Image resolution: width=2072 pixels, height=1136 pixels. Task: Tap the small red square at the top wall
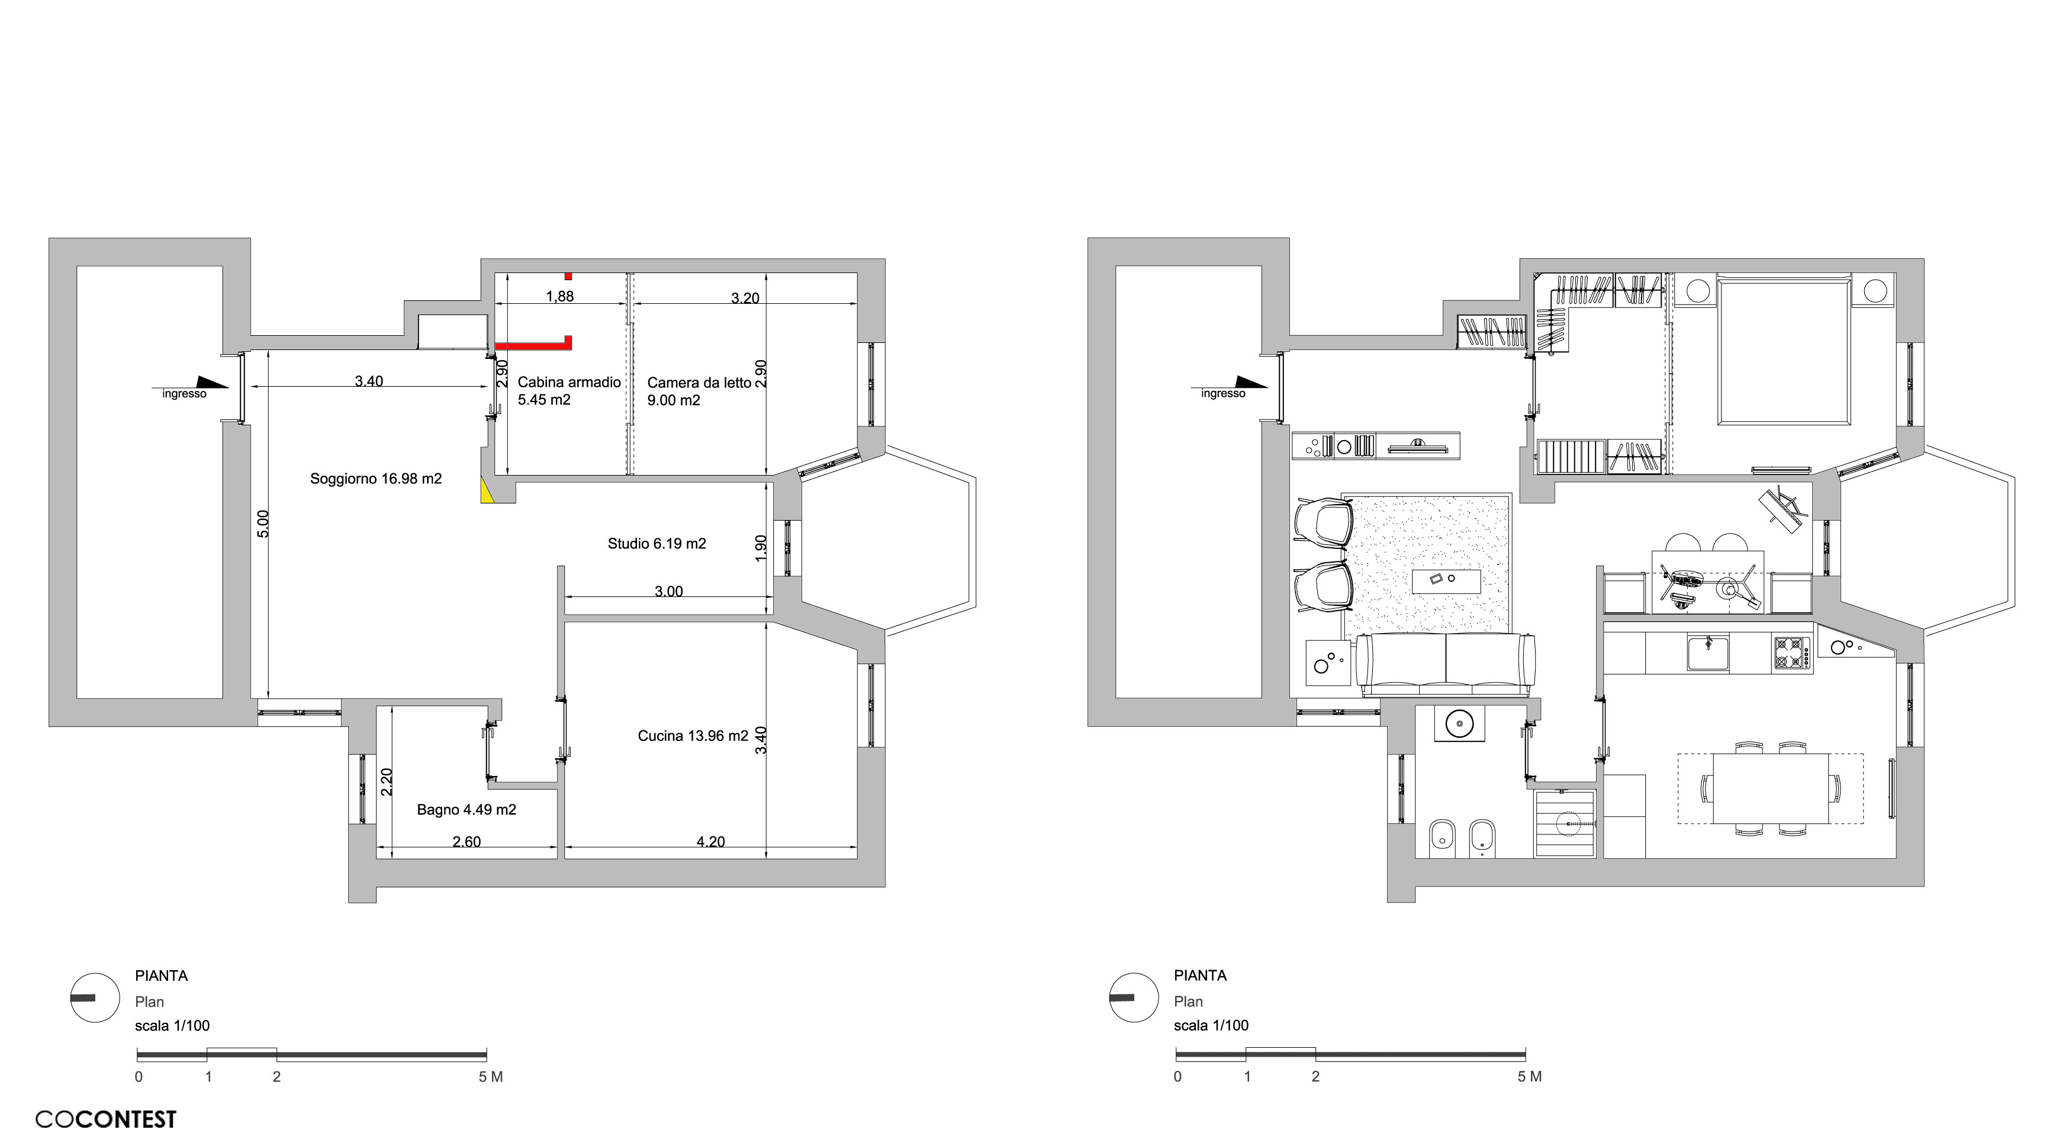[x=568, y=276]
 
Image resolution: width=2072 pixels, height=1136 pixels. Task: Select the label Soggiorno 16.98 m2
[x=376, y=479]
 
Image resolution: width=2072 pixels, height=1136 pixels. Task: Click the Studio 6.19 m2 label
[x=657, y=544]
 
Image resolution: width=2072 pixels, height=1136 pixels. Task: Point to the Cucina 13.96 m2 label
[x=693, y=736]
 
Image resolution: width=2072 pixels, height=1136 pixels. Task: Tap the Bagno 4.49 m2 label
[x=466, y=810]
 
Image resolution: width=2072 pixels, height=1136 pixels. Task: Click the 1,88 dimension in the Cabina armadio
[x=560, y=296]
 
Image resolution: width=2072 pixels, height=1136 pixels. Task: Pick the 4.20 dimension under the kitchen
[x=710, y=842]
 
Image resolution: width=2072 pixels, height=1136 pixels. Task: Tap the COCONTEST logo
[x=105, y=1119]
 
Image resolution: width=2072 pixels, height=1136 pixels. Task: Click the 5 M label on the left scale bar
[x=491, y=1076]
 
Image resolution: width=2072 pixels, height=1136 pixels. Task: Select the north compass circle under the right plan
[x=1134, y=997]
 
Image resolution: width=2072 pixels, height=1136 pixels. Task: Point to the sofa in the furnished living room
[x=1446, y=664]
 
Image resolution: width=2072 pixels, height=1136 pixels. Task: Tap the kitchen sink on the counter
[x=1708, y=653]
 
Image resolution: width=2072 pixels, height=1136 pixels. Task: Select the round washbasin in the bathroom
[x=1459, y=723]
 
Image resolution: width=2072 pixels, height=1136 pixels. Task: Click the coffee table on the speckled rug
[x=1446, y=581]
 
